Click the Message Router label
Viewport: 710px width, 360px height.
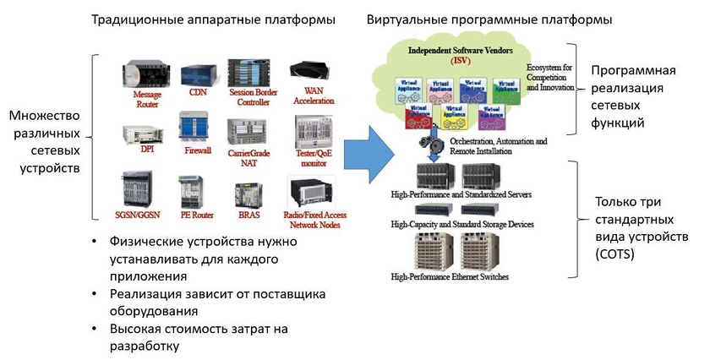click(147, 100)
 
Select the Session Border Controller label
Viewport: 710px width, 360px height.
click(248, 97)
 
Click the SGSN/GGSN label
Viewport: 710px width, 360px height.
click(137, 215)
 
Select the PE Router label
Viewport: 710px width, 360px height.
click(195, 215)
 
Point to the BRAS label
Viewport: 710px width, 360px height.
click(248, 215)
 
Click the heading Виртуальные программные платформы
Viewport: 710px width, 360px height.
click(490, 19)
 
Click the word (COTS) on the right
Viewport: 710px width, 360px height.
click(616, 254)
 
